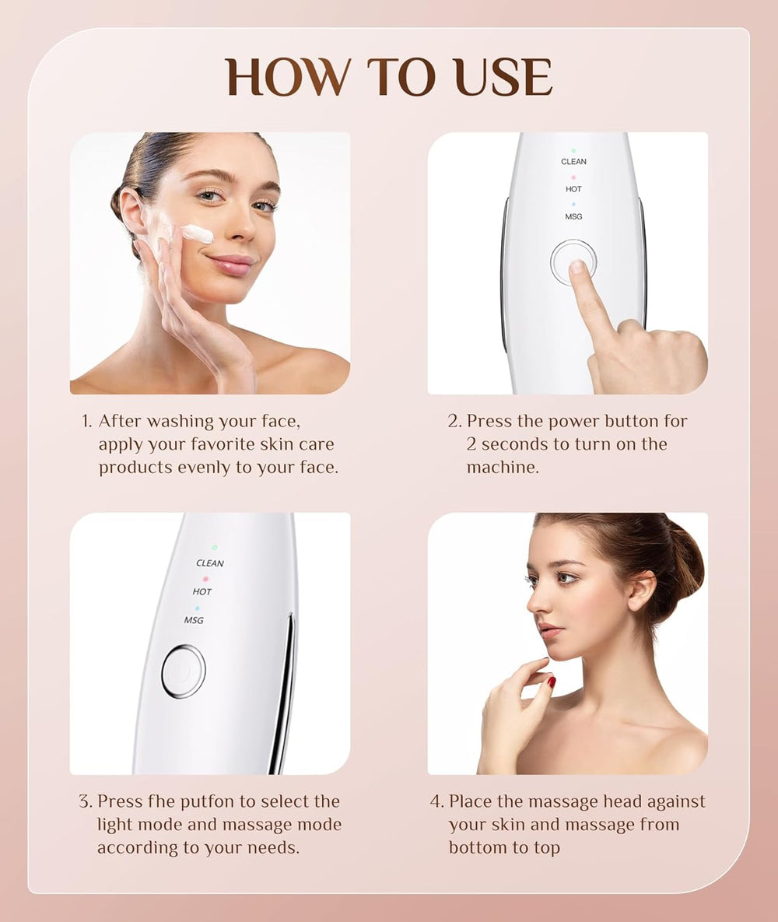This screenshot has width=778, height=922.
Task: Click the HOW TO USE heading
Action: click(389, 78)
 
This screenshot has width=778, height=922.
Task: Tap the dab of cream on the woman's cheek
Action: click(198, 233)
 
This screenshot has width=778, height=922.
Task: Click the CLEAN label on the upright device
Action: click(573, 162)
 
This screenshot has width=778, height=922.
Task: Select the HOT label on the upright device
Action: click(573, 189)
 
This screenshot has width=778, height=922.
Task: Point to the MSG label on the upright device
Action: click(573, 216)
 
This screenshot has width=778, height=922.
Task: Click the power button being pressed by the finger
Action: click(573, 261)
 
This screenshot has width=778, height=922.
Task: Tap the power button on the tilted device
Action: click(184, 671)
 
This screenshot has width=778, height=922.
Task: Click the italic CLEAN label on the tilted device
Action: click(210, 563)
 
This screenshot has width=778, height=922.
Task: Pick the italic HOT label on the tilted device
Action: click(202, 592)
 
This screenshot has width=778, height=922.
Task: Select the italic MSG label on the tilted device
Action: click(194, 620)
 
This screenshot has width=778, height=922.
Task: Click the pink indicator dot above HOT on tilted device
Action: click(205, 579)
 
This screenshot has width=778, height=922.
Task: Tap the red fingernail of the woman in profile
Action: click(551, 682)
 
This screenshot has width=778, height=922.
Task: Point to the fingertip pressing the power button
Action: click(577, 268)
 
